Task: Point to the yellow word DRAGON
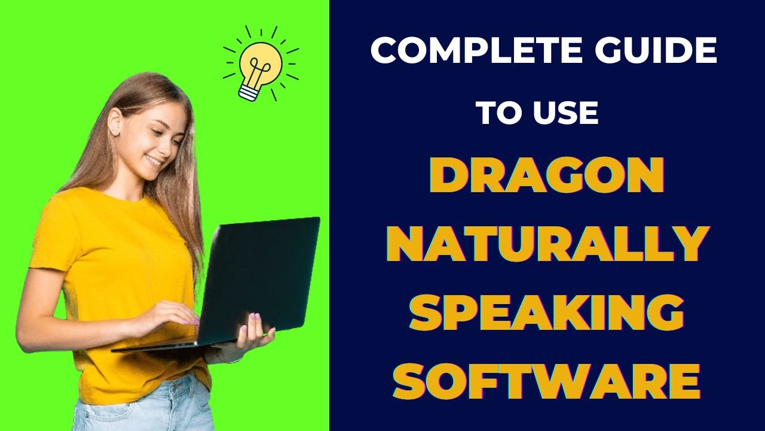547,177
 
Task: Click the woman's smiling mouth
154,160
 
